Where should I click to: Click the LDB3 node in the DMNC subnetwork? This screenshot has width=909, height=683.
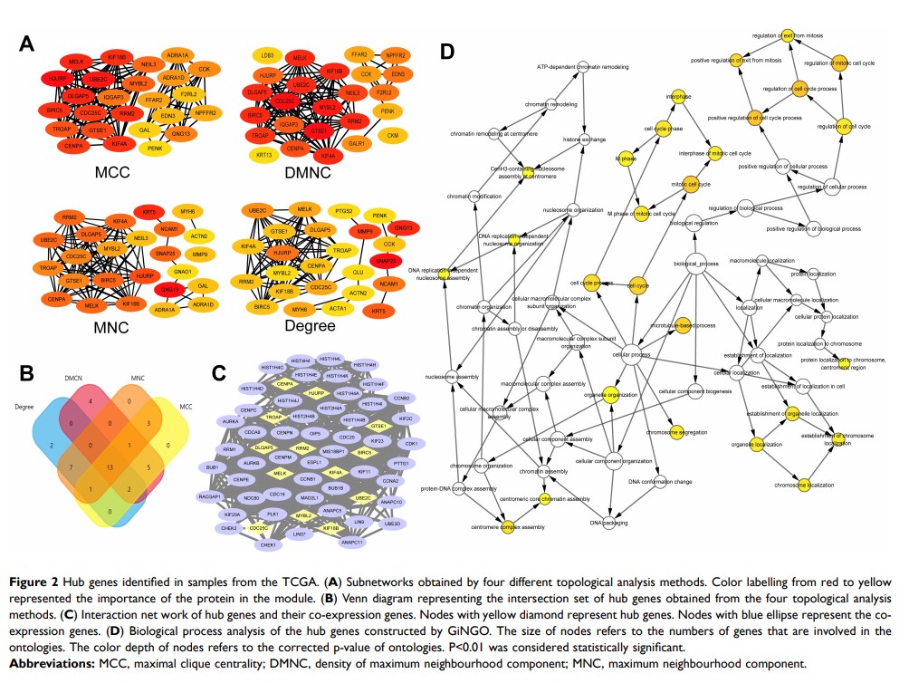point(267,56)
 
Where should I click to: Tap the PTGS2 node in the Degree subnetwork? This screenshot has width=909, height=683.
point(342,209)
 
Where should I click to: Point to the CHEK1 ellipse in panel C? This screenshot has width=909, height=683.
point(267,545)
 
